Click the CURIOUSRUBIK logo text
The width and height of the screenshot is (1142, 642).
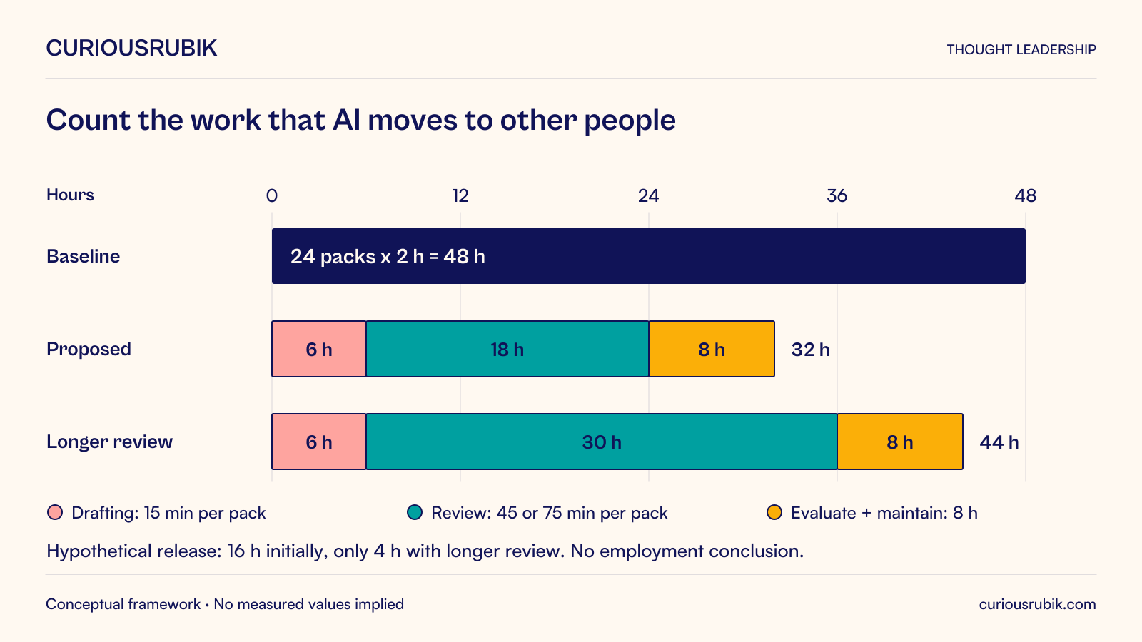coord(131,49)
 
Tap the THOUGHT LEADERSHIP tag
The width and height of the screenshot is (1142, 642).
coord(1021,49)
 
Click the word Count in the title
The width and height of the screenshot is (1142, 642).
coord(89,121)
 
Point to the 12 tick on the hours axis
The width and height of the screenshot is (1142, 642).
coord(460,195)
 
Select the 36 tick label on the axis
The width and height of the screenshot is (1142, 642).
coord(837,195)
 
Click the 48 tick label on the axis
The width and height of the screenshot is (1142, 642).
coord(1025,195)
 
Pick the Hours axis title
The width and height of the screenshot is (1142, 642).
coord(71,195)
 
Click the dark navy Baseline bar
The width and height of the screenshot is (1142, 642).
coord(649,256)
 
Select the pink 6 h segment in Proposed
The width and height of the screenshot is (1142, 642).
coord(318,349)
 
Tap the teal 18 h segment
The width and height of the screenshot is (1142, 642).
coord(507,349)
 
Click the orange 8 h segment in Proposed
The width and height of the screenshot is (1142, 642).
coord(712,349)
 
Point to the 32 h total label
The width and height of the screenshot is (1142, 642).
coord(810,350)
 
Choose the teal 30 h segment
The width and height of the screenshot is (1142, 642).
coord(602,442)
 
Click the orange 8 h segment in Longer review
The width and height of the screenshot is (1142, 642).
coord(900,442)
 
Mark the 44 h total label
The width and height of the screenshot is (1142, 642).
coord(999,442)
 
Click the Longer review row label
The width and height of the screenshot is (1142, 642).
coord(110,442)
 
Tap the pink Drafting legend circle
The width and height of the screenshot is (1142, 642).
coord(55,513)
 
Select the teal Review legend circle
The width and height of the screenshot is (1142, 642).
coord(415,513)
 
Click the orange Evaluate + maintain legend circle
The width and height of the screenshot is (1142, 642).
coord(774,513)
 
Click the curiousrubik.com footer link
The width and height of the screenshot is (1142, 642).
coord(1038,604)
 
